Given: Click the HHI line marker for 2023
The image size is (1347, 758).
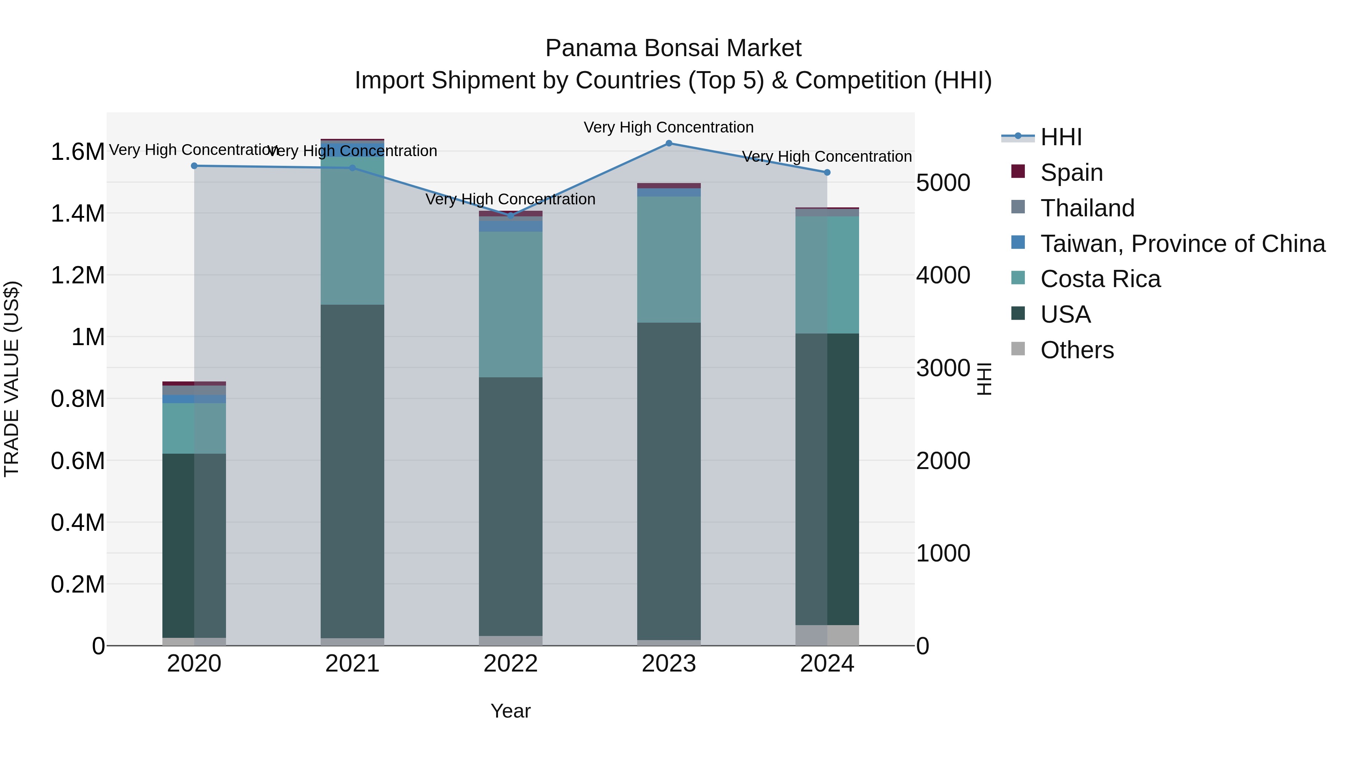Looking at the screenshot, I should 669,143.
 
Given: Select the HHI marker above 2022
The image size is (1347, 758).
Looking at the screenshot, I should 511,216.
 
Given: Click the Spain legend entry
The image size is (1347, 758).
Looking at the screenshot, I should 1072,173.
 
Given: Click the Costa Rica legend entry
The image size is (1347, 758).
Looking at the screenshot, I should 1100,279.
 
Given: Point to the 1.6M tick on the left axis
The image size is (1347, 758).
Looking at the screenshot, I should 77,152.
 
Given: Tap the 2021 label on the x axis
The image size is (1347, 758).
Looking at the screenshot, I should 352,664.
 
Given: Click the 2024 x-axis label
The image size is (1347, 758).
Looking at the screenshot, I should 827,664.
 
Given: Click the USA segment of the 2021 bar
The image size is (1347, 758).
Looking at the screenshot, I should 352,471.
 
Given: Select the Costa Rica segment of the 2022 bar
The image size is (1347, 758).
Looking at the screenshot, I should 511,304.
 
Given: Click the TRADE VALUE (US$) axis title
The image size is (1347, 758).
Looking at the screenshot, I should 12,379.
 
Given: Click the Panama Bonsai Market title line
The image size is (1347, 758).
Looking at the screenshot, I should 673,48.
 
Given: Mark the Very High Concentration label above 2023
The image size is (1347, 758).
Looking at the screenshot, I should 668,127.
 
